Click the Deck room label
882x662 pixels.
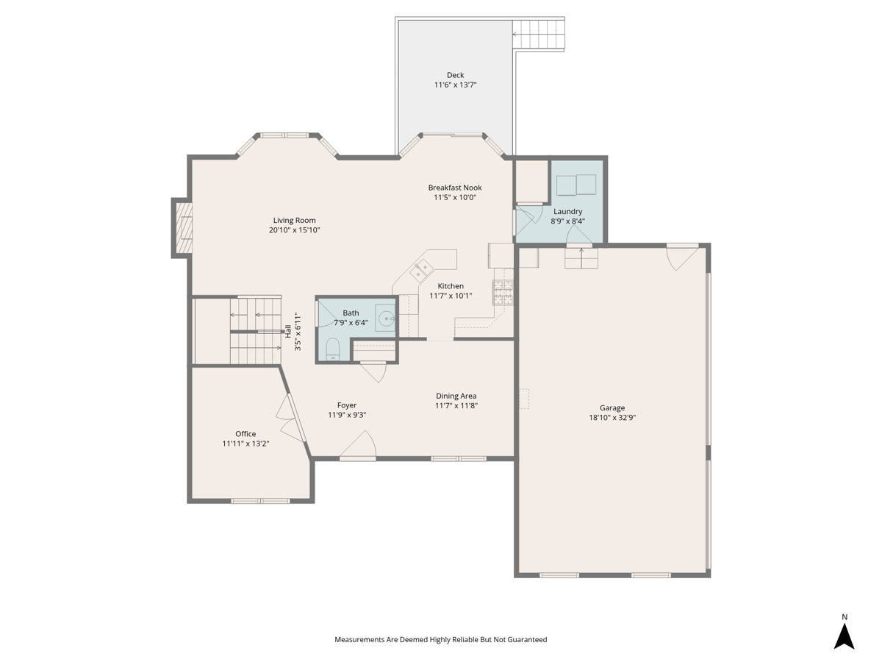click(x=455, y=75)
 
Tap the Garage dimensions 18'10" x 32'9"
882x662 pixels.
click(x=612, y=418)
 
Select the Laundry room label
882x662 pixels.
click(x=567, y=211)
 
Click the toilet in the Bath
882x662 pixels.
click(x=332, y=349)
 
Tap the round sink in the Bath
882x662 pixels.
click(x=387, y=318)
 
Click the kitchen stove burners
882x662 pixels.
click(x=503, y=292)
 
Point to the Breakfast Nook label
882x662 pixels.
click(x=455, y=188)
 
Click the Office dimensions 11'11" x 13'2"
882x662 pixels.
click(x=245, y=444)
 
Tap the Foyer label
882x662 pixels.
click(x=347, y=405)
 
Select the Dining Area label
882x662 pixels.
click(x=456, y=396)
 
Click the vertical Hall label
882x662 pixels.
click(x=288, y=331)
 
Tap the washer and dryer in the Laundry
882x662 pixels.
click(x=576, y=185)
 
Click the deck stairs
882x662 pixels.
click(x=539, y=34)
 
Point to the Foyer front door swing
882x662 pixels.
click(x=358, y=444)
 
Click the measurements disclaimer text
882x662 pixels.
click(x=441, y=639)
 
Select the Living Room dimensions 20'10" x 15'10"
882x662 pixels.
click(x=295, y=230)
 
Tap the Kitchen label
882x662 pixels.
click(x=451, y=286)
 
